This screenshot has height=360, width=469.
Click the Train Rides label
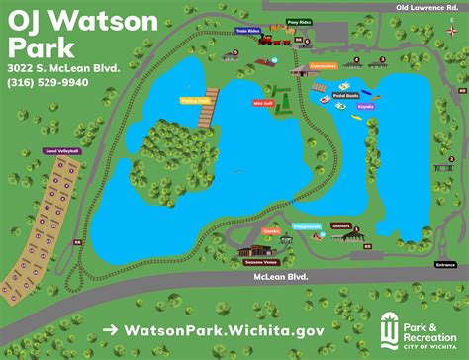click(x=248, y=31)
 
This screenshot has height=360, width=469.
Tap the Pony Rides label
click(x=298, y=21)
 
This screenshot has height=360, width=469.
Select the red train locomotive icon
click(x=280, y=42)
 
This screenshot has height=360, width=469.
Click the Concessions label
click(x=324, y=66)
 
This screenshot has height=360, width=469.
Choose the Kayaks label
click(x=367, y=105)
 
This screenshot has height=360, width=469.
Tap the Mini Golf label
click(x=264, y=103)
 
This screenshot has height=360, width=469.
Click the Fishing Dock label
click(x=195, y=100)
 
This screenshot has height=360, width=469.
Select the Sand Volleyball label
click(x=62, y=151)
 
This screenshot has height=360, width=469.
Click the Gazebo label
click(x=272, y=230)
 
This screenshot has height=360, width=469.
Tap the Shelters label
click(x=341, y=225)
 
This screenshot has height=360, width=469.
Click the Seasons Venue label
click(x=257, y=263)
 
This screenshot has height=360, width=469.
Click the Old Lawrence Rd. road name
click(x=427, y=7)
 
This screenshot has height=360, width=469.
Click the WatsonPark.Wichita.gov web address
click(x=214, y=330)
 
